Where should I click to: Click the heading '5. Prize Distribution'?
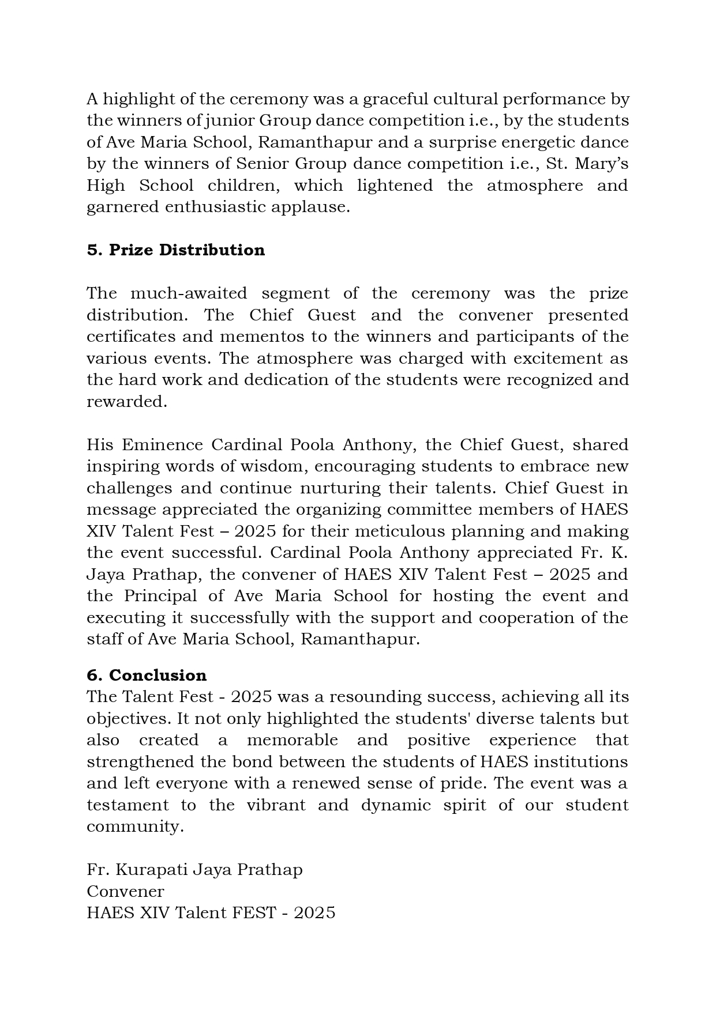[x=175, y=250]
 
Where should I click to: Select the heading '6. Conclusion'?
[x=147, y=675]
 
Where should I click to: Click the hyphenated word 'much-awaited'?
[x=188, y=293]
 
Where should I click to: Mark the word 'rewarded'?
[x=126, y=402]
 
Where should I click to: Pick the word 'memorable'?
[x=292, y=740]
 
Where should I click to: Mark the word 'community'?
[x=135, y=827]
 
